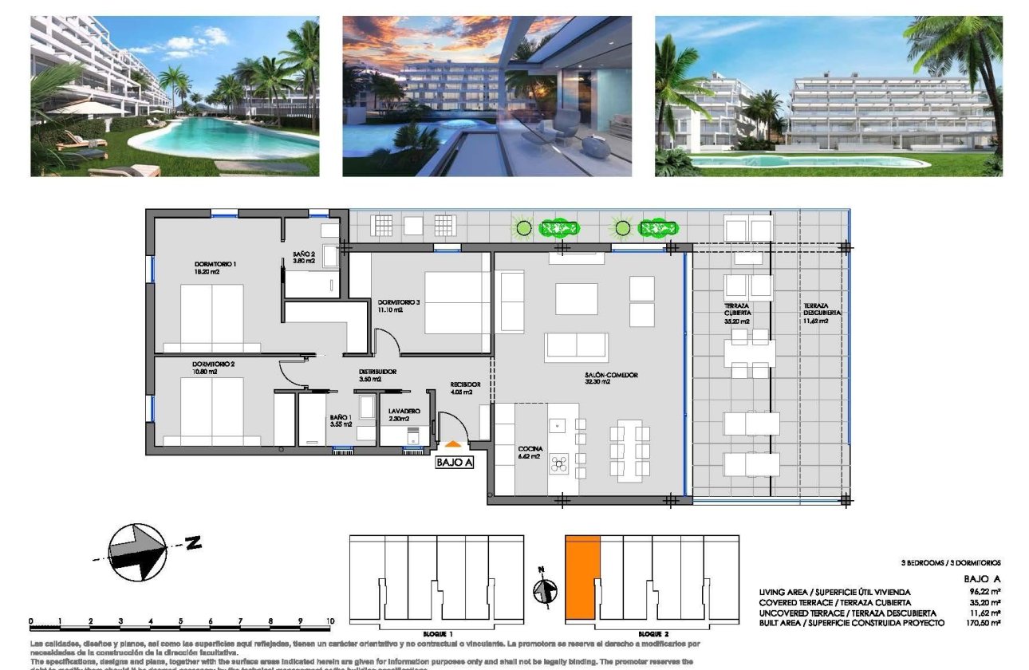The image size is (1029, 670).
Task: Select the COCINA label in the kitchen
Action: click(529, 449)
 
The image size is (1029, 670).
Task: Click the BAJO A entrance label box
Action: click(454, 462)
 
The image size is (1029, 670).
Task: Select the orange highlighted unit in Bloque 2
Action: click(582, 577)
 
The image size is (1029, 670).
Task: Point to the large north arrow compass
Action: click(138, 551)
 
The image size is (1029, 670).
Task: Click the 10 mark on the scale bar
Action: click(329, 621)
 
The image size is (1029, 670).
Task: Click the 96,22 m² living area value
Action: click(984, 592)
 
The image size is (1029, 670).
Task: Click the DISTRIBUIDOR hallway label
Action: click(377, 372)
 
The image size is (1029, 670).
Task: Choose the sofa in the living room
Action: click(576, 346)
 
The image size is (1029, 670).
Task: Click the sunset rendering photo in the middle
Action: click(487, 96)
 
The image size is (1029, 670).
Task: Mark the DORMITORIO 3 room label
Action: click(399, 302)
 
